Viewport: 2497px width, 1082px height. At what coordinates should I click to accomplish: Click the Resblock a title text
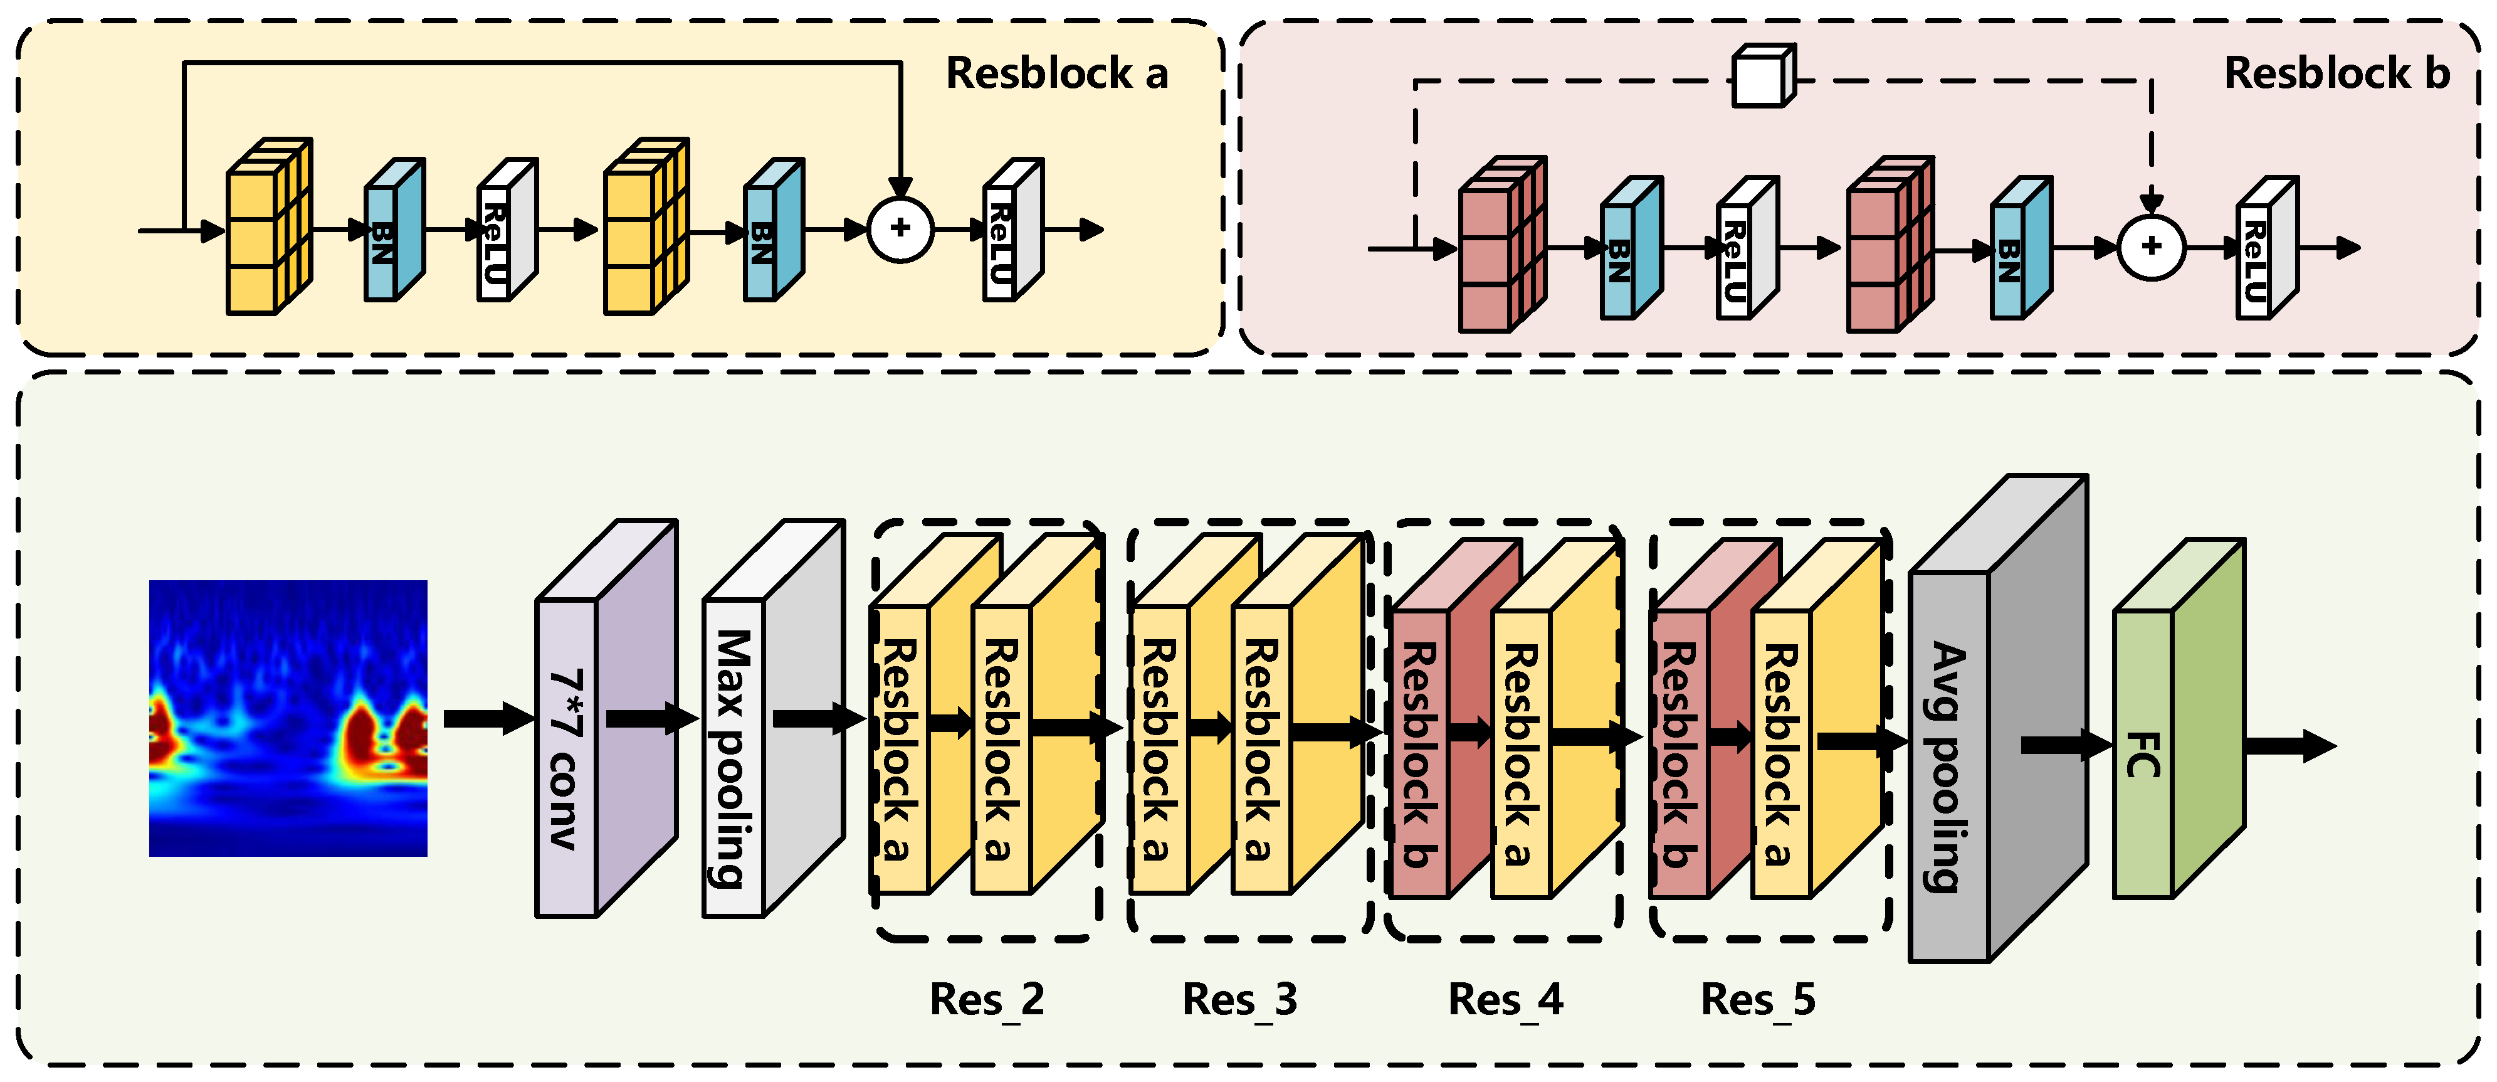[x=1056, y=73]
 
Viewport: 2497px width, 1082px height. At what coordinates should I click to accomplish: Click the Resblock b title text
[x=2336, y=73]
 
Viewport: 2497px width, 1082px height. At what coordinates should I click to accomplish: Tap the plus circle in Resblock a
[x=900, y=229]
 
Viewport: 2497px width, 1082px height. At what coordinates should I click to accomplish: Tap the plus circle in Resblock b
[x=2151, y=247]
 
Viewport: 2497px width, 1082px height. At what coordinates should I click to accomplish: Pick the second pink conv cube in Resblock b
[x=1885, y=252]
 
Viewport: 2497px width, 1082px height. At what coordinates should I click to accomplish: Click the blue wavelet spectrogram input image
[x=288, y=718]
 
